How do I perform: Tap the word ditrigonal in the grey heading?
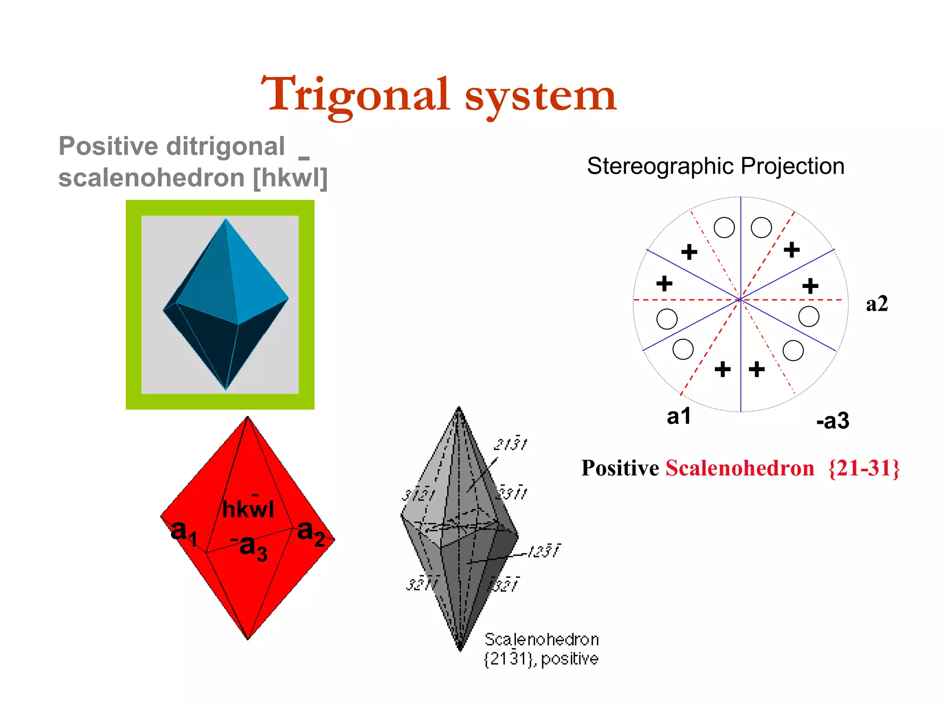pyautogui.click(x=225, y=147)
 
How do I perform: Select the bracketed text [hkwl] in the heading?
pyautogui.click(x=290, y=178)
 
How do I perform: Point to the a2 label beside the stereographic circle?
pyautogui.click(x=876, y=304)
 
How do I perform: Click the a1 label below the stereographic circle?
pyautogui.click(x=679, y=416)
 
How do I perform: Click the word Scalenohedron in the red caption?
pyautogui.click(x=740, y=468)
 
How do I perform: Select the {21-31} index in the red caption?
pyautogui.click(x=864, y=468)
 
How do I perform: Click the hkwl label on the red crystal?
pyautogui.click(x=248, y=510)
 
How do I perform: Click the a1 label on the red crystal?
pyautogui.click(x=183, y=532)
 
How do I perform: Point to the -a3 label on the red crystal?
pyautogui.click(x=249, y=547)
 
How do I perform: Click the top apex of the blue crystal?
pyautogui.click(x=225, y=219)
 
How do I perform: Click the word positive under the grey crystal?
pyautogui.click(x=570, y=659)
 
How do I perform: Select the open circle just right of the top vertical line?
pyautogui.click(x=761, y=228)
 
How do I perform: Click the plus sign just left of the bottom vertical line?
pyautogui.click(x=722, y=369)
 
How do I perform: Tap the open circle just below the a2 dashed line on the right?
pyautogui.click(x=808, y=317)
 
